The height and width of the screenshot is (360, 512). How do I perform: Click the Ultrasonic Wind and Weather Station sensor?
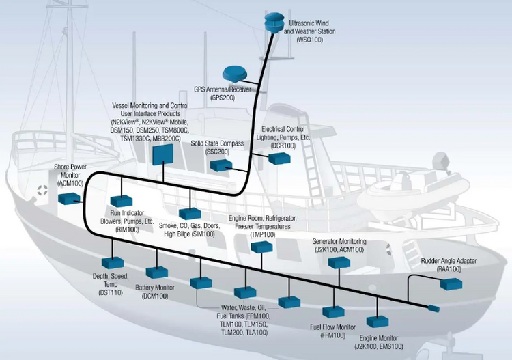274,23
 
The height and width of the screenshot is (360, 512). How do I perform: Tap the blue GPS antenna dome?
235,74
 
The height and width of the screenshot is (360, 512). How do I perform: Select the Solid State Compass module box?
221,165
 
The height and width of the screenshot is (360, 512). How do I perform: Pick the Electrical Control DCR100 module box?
279,158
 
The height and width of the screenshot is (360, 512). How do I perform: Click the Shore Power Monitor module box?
69,199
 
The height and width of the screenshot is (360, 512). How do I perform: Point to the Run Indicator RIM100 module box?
121,201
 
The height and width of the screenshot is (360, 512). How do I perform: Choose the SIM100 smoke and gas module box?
190,213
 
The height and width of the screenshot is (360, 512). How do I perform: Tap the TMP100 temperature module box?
261,247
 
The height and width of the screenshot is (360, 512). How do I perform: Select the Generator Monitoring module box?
339,262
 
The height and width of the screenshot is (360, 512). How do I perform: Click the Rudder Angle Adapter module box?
451,284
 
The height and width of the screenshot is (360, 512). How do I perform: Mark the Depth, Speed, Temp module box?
113,263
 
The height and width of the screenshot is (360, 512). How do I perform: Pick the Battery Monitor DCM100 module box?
157,273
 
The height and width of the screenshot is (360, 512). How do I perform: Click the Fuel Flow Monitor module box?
333,312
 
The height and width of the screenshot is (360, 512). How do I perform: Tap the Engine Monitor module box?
378,322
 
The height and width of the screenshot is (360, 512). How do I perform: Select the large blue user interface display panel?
162,154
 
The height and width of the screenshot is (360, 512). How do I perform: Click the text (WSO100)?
309,40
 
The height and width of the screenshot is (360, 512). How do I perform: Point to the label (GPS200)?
223,98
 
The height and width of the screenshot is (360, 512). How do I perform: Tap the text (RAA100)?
449,269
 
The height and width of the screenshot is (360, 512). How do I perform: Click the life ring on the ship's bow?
42,190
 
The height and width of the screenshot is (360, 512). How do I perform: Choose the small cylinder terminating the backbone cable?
433,308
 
